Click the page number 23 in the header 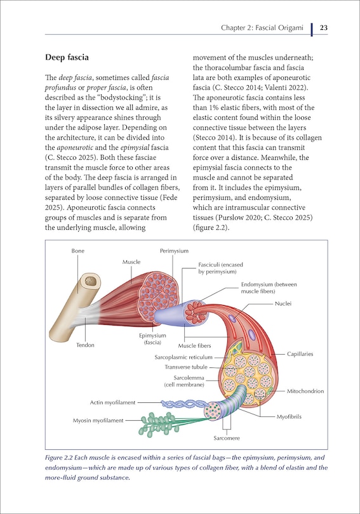[x=323, y=28]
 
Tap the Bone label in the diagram [x=76, y=251]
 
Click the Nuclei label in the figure [x=283, y=303]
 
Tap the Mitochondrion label [x=305, y=391]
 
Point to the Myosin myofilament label [x=98, y=419]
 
